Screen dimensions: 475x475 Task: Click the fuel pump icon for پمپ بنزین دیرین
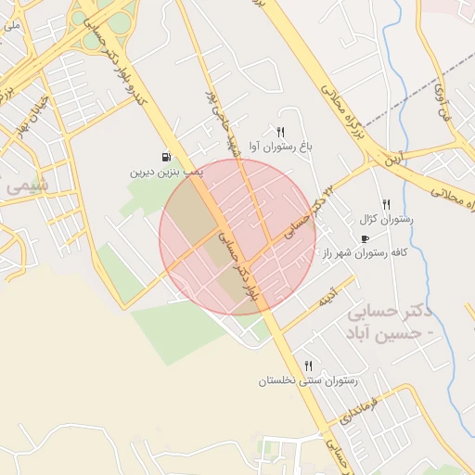tap(165, 158)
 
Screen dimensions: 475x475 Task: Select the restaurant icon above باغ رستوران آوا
tap(280, 132)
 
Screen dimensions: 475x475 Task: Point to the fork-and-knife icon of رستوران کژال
tap(386, 204)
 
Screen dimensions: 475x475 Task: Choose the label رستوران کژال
tap(385, 220)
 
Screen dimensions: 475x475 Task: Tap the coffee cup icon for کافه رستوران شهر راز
tap(364, 238)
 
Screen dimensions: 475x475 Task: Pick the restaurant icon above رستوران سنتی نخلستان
tap(308, 366)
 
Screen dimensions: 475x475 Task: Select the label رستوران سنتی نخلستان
tap(308, 380)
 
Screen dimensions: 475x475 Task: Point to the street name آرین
tap(397, 157)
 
